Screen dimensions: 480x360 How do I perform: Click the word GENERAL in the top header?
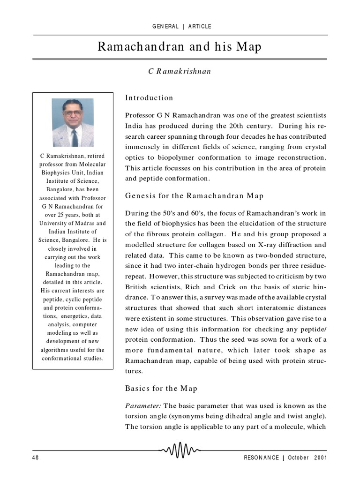click(x=165, y=26)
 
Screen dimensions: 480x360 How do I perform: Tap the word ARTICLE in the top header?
click(x=200, y=26)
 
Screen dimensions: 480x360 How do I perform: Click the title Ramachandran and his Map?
click(x=180, y=47)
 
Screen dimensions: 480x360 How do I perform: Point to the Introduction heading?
click(x=149, y=98)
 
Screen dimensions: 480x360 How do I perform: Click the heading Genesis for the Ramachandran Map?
click(x=194, y=196)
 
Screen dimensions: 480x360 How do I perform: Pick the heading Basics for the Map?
click(x=161, y=388)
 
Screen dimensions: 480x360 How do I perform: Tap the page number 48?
click(x=36, y=457)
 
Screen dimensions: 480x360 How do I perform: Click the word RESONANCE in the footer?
click(x=262, y=457)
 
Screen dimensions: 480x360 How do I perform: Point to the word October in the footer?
click(x=299, y=457)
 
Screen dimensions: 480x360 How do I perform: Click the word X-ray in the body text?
click(x=264, y=245)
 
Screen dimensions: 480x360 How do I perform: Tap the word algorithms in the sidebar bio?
click(x=56, y=350)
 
